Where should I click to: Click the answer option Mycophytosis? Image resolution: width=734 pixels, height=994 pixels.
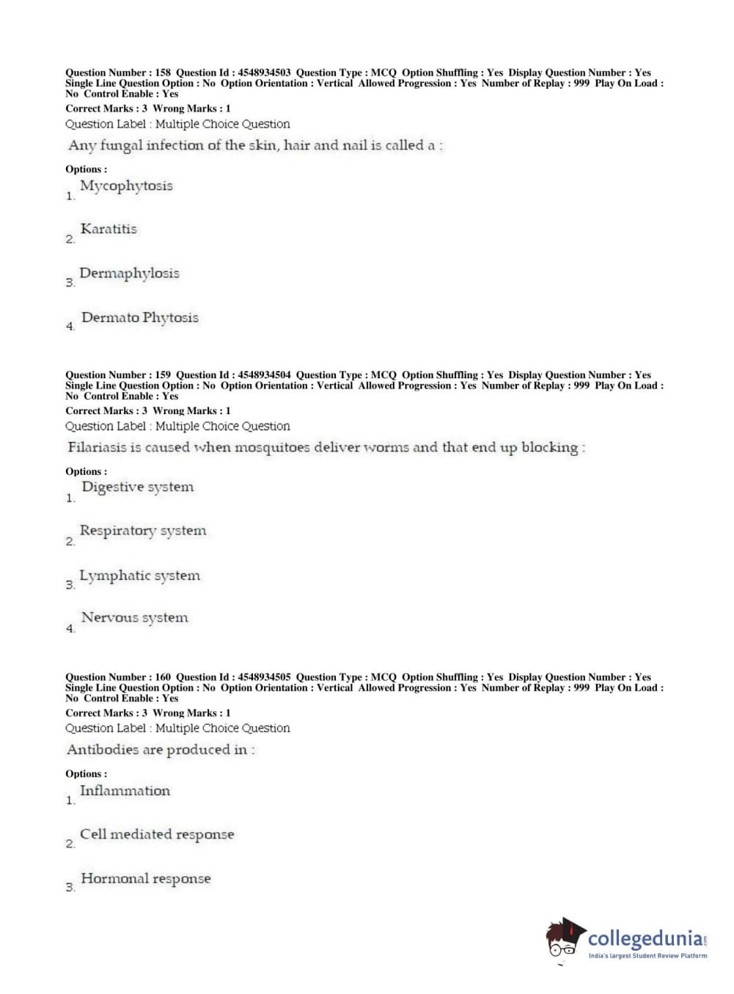pos(126,186)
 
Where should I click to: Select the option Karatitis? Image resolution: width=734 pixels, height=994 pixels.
pos(109,229)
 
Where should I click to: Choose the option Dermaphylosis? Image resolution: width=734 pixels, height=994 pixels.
pos(129,273)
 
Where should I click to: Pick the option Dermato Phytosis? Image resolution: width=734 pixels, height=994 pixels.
pos(140,317)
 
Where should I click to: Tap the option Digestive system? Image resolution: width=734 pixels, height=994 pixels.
pos(138,487)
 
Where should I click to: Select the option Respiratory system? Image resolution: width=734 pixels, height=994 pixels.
pos(143,531)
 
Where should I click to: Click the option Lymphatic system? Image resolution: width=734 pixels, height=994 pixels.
pos(139,575)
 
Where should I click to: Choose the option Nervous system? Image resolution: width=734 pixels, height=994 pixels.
pos(135,618)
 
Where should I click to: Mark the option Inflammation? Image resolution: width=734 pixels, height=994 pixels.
pos(125,791)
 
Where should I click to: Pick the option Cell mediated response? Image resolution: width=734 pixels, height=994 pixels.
pos(157,834)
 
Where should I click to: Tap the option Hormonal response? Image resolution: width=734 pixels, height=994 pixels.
pos(145,878)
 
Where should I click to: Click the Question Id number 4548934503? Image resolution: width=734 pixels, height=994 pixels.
pos(264,73)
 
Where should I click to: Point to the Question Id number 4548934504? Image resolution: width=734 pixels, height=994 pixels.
pos(264,375)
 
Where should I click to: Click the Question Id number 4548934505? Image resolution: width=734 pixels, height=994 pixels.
pos(264,677)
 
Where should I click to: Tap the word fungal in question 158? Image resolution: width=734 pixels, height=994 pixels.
pos(121,146)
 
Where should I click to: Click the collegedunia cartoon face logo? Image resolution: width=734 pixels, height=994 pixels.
pos(565,938)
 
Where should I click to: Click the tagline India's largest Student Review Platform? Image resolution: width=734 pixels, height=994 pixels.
pos(647,956)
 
